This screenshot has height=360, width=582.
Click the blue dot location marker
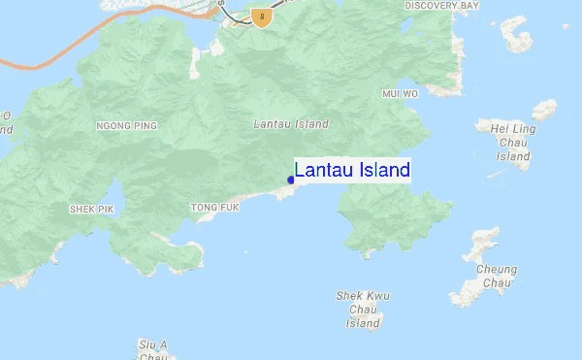[x=291, y=180]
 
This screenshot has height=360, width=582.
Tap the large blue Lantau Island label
[x=352, y=171]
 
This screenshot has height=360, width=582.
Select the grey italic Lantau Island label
[x=290, y=124]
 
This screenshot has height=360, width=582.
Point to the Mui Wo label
[x=399, y=94]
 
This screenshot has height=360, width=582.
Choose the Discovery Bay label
[x=442, y=6]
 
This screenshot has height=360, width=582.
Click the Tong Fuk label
[x=214, y=208]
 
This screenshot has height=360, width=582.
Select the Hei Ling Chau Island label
[x=513, y=141]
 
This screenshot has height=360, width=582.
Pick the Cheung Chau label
[x=496, y=276]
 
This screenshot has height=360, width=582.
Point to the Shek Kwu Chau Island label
[x=363, y=309]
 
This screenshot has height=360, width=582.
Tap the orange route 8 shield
[x=259, y=16]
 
